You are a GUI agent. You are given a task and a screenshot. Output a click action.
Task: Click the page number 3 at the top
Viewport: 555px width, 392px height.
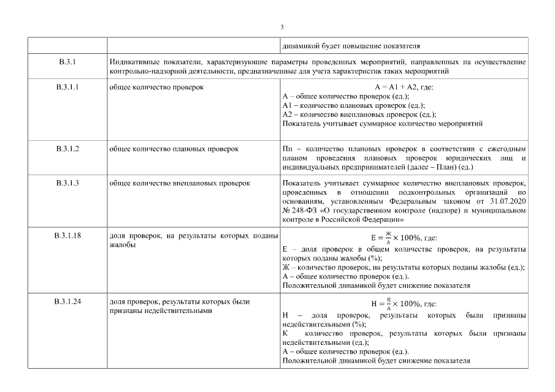pyautogui.click(x=281, y=27)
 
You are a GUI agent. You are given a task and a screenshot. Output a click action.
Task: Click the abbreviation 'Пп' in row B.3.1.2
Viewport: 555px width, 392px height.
pyautogui.click(x=287, y=149)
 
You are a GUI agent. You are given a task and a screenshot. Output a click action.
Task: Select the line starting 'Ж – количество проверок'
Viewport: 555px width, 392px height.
pyautogui.click(x=404, y=267)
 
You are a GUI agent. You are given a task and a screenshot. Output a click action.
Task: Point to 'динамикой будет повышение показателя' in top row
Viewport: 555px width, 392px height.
pyautogui.click(x=351, y=46)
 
